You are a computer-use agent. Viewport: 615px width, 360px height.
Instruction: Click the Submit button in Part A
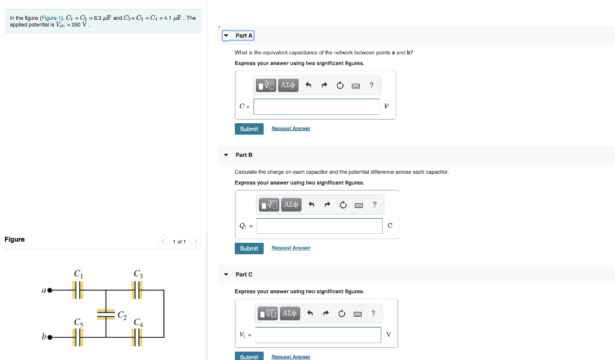pos(249,129)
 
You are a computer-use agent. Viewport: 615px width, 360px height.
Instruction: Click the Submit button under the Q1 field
pos(249,248)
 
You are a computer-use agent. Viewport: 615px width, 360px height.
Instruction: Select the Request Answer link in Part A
pos(291,129)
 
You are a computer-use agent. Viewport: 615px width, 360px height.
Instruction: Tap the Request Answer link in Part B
pos(291,248)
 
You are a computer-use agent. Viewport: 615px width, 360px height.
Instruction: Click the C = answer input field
pos(317,106)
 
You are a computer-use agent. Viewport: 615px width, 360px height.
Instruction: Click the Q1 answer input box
pos(319,226)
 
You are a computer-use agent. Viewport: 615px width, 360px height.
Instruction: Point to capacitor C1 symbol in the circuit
pos(77,291)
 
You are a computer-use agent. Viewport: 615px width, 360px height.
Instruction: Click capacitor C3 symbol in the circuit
pos(138,291)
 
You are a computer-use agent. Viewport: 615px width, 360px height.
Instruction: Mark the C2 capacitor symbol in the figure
pos(106,313)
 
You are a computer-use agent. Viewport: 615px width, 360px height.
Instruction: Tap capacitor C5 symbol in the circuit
pos(77,338)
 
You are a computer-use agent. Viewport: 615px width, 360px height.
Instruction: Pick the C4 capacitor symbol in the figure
pos(138,338)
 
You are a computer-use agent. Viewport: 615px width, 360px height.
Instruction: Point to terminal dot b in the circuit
pos(50,338)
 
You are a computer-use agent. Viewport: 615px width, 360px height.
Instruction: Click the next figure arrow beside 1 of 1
pos(195,242)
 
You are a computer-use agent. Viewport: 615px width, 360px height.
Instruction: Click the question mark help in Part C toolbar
pos(373,313)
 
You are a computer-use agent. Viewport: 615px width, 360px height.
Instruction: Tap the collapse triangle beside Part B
pos(226,155)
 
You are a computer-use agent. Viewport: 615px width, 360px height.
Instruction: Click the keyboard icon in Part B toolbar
pos(359,206)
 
